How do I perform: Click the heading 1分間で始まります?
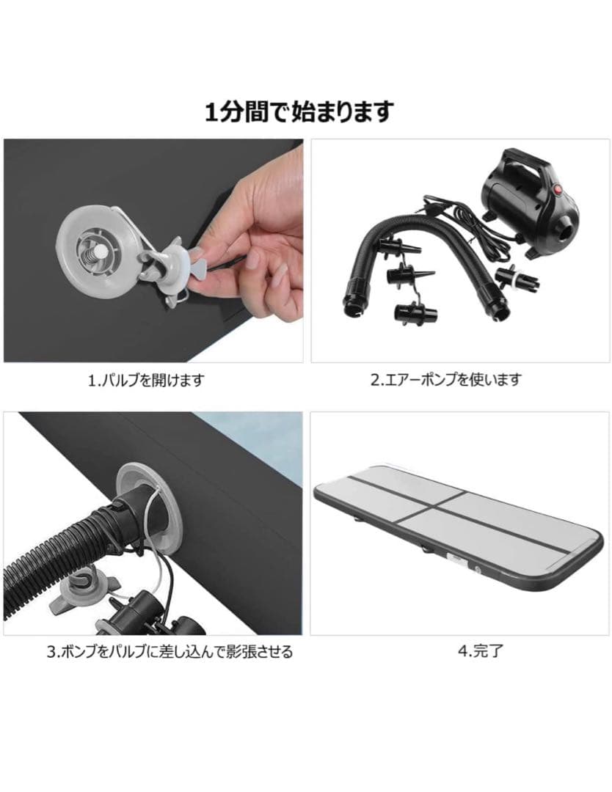point(299,112)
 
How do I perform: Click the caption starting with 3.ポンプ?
point(170,651)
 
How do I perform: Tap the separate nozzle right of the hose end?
point(513,279)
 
